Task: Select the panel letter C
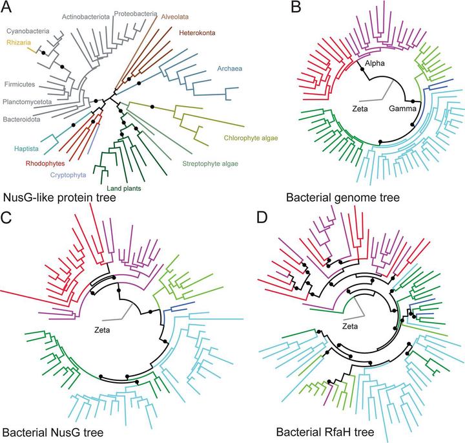pos(8,218)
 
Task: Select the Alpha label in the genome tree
pos(375,64)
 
